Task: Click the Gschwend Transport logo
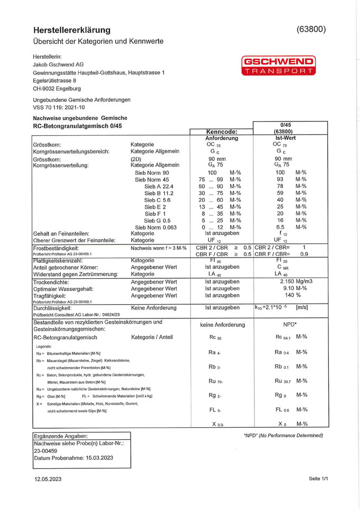(278, 65)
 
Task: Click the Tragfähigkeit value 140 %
(285, 296)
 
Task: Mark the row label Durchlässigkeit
(52, 307)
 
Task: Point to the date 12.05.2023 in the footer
(48, 479)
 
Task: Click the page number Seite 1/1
(318, 479)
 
